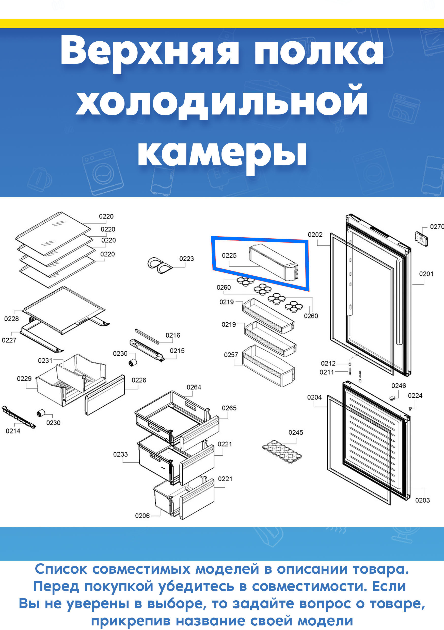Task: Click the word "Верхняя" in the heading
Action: tap(150, 52)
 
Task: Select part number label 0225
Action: tap(229, 255)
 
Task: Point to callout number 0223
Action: tap(186, 258)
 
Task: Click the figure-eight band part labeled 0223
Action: tap(159, 265)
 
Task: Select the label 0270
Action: tap(437, 227)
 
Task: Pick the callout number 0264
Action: tap(194, 387)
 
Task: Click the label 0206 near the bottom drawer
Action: tap(142, 516)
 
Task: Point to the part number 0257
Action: tap(231, 355)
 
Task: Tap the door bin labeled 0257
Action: tap(268, 366)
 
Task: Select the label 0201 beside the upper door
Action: tap(426, 274)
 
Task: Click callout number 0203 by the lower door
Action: tap(422, 500)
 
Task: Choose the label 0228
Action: tap(11, 319)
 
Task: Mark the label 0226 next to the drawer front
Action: tap(139, 380)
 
